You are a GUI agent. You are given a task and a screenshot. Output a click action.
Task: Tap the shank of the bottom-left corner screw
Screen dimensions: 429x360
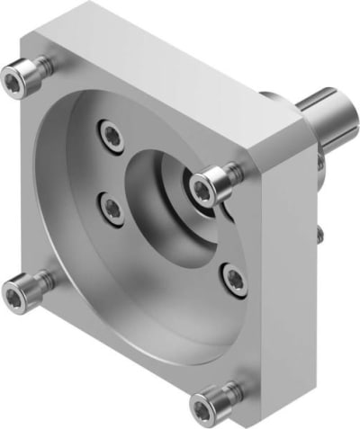(40, 282)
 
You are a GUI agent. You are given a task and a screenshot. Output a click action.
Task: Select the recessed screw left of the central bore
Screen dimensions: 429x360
(111, 208)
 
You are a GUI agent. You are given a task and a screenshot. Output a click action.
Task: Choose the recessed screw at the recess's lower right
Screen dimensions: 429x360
(232, 274)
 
